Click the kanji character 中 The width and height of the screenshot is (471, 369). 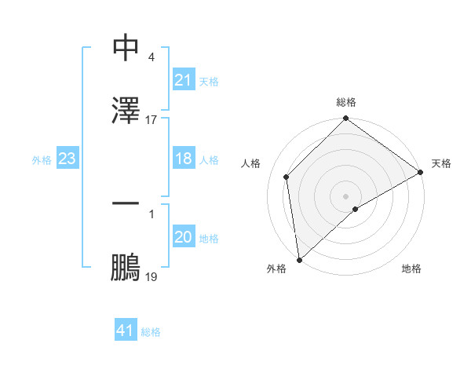tap(126, 49)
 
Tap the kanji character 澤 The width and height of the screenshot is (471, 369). tap(126, 111)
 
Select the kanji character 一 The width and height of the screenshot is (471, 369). tap(126, 205)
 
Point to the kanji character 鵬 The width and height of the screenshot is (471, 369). tap(126, 268)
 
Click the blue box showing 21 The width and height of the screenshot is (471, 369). tap(183, 80)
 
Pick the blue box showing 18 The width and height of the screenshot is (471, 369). tap(183, 159)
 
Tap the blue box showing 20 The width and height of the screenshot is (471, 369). tap(183, 238)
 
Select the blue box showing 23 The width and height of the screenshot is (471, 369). tap(67, 159)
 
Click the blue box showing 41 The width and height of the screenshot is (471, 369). tap(126, 331)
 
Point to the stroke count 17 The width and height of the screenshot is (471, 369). tap(152, 120)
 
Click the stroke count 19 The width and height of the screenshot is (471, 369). tap(152, 277)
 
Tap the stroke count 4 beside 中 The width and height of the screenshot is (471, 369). tap(151, 57)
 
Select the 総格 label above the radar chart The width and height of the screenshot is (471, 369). tap(346, 103)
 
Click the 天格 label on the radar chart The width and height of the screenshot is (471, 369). tap(441, 163)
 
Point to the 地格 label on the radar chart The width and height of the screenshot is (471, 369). tap(411, 269)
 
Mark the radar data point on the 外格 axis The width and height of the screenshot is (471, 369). tap(299, 260)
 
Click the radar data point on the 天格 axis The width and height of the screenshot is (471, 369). tap(421, 172)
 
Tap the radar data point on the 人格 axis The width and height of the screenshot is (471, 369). tap(287, 177)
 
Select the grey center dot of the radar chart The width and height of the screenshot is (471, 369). tap(346, 195)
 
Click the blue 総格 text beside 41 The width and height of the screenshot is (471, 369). tap(151, 332)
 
